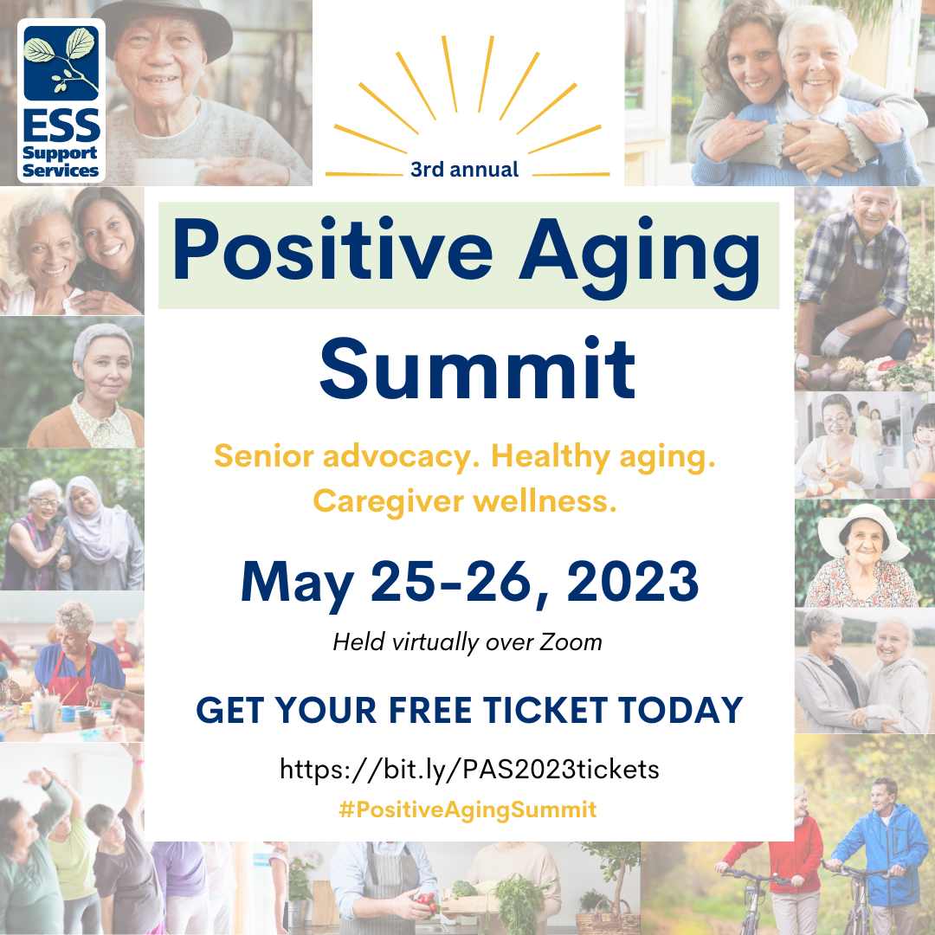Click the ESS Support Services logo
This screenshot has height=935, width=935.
coord(61,100)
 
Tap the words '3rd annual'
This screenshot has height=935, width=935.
coord(465,170)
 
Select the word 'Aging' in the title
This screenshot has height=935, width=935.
coord(640,256)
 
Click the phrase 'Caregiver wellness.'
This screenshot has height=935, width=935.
coord(465,501)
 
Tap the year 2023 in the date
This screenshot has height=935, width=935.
coord(633,582)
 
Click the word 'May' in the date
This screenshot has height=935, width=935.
coord(297,584)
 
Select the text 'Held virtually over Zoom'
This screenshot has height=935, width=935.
coord(467,642)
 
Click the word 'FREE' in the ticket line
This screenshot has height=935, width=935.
coord(429,710)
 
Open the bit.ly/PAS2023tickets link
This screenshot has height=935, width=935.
coord(469,770)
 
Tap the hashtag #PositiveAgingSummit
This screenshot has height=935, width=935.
coord(467,809)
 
